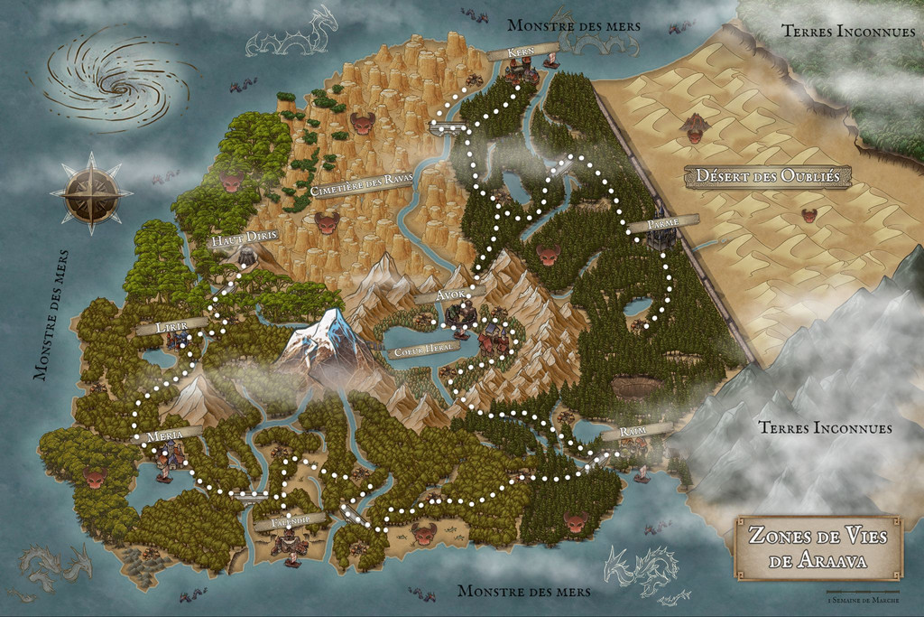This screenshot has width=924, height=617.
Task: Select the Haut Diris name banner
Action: point(241,240)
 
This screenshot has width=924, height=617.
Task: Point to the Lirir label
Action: point(164,326)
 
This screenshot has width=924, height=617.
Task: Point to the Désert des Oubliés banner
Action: point(767,177)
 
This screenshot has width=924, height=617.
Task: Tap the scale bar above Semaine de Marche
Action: point(865,590)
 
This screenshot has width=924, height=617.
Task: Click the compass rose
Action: point(90,192)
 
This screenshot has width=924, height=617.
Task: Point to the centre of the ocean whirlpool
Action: point(118,84)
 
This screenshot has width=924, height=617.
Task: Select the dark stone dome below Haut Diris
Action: point(245,258)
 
